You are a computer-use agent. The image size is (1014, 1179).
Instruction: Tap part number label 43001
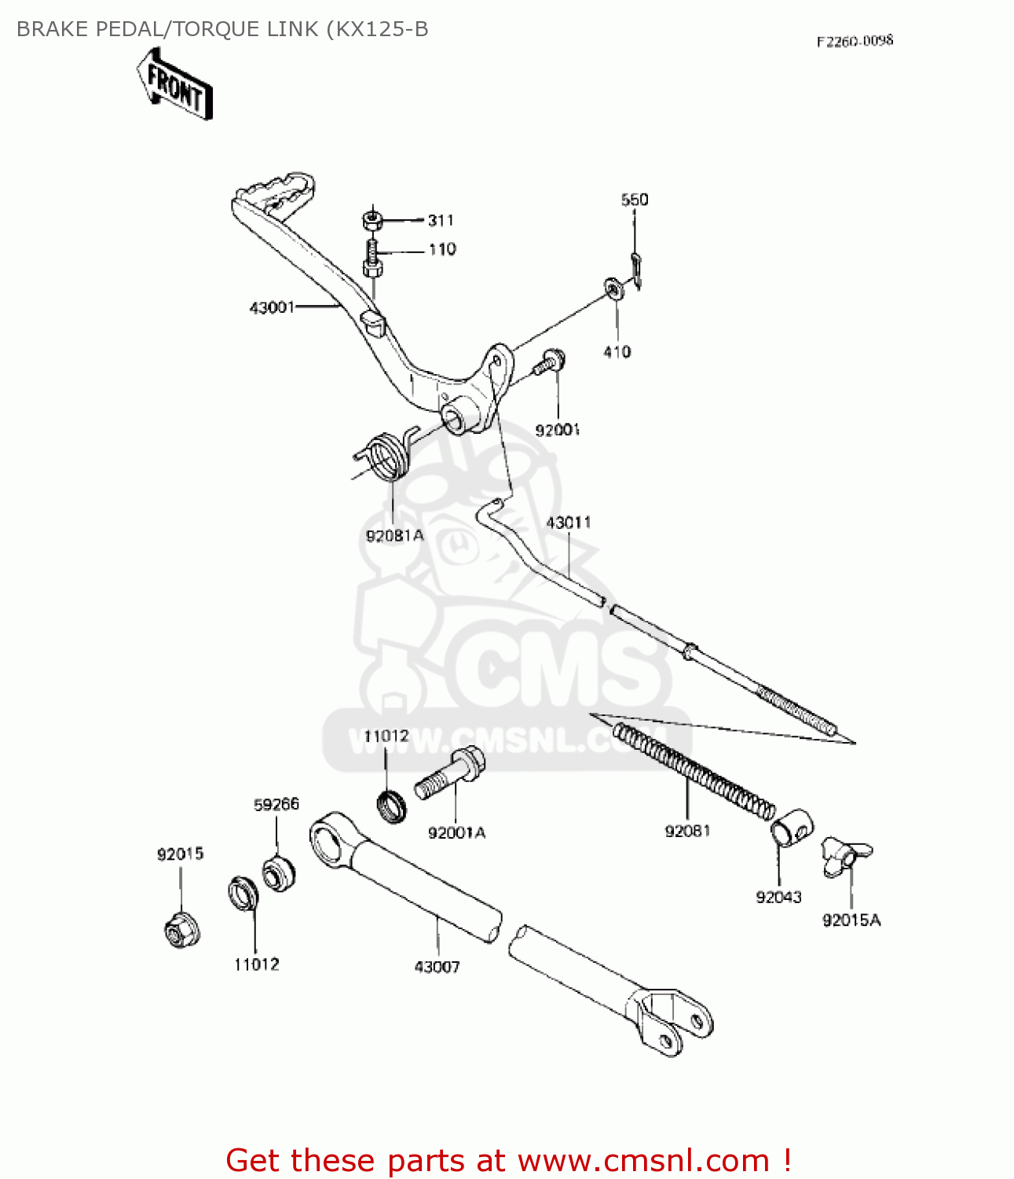(x=272, y=307)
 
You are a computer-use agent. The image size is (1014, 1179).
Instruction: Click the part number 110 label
(x=442, y=249)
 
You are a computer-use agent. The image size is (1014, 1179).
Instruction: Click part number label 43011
(x=569, y=523)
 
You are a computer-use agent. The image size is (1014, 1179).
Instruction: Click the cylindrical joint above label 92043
(x=791, y=828)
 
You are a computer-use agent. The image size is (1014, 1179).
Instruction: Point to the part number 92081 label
(x=687, y=831)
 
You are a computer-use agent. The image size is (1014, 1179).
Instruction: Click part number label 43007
(x=437, y=967)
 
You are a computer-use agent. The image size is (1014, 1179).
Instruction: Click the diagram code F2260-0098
(x=855, y=41)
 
